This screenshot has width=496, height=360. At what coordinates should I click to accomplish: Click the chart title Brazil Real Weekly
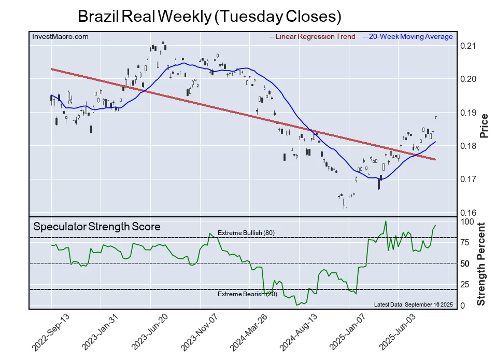click(x=209, y=16)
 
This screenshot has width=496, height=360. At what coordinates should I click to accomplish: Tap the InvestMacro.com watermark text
click(x=60, y=36)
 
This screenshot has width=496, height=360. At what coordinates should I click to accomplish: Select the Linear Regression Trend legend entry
click(x=313, y=36)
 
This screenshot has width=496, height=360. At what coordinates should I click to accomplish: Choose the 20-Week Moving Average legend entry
click(x=408, y=36)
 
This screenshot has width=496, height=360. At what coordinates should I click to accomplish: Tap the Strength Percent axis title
click(x=481, y=264)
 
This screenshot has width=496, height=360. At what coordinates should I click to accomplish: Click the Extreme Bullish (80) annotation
click(x=246, y=233)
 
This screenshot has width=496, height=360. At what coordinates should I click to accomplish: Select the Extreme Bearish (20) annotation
click(x=247, y=294)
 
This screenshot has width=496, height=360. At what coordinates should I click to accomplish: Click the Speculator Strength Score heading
click(x=97, y=227)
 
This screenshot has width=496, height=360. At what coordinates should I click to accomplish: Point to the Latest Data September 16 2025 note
click(x=413, y=304)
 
